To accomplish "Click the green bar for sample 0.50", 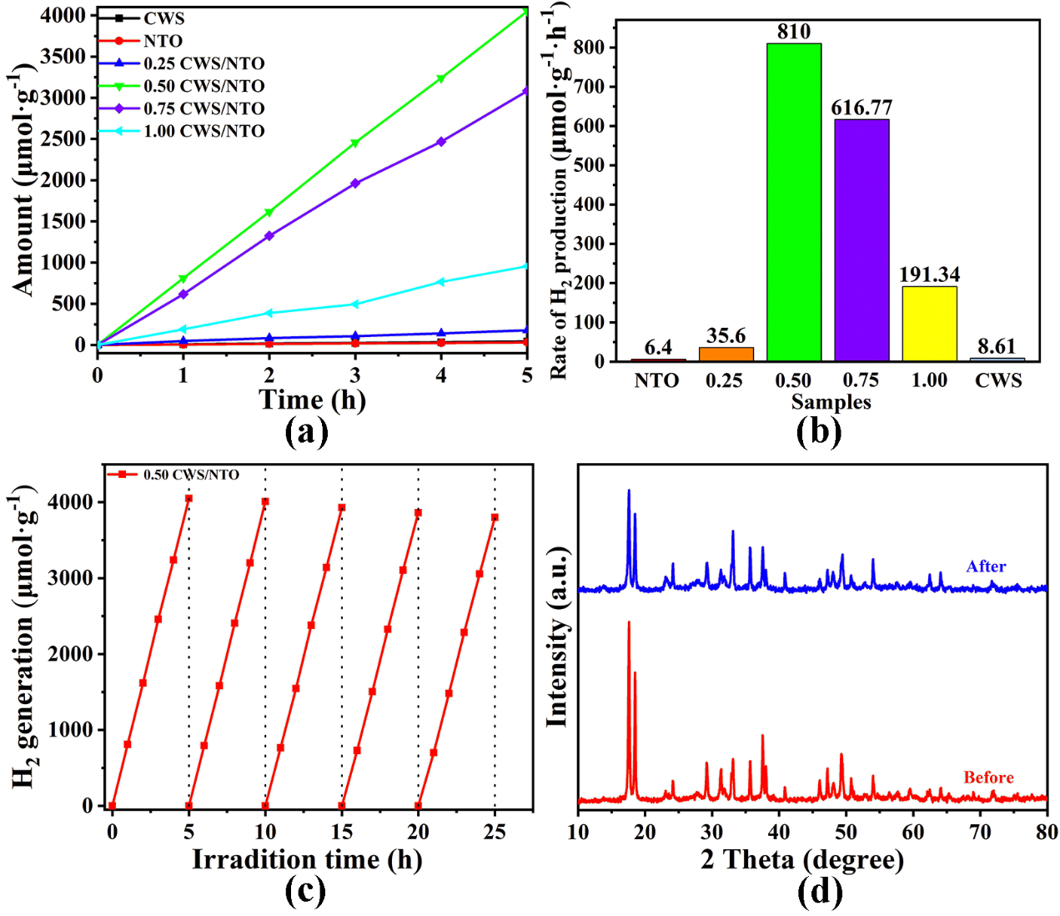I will tap(793, 202).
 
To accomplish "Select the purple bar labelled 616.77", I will tap(862, 240).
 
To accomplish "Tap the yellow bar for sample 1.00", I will tap(929, 324).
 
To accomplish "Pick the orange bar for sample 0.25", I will tap(726, 354).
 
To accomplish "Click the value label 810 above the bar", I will tap(793, 32).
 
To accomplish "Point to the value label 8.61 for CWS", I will tap(997, 346).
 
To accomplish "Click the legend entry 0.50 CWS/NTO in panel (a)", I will tap(203, 86).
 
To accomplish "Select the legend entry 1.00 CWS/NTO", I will tap(203, 131).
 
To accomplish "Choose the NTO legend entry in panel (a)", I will tap(163, 41).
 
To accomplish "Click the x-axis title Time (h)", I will tap(312, 400).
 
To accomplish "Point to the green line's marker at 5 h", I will tap(526, 12).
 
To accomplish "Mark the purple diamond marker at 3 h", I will tap(355, 184).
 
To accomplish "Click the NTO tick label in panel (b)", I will tap(656, 380).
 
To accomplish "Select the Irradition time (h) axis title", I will tap(307, 859).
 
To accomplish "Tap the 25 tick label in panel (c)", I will tap(495, 831).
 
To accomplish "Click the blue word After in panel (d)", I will tap(986, 566).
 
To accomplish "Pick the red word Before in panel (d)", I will tap(988, 778).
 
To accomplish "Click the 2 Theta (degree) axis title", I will tap(801, 859).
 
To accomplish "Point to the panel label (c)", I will tap(305, 892).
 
